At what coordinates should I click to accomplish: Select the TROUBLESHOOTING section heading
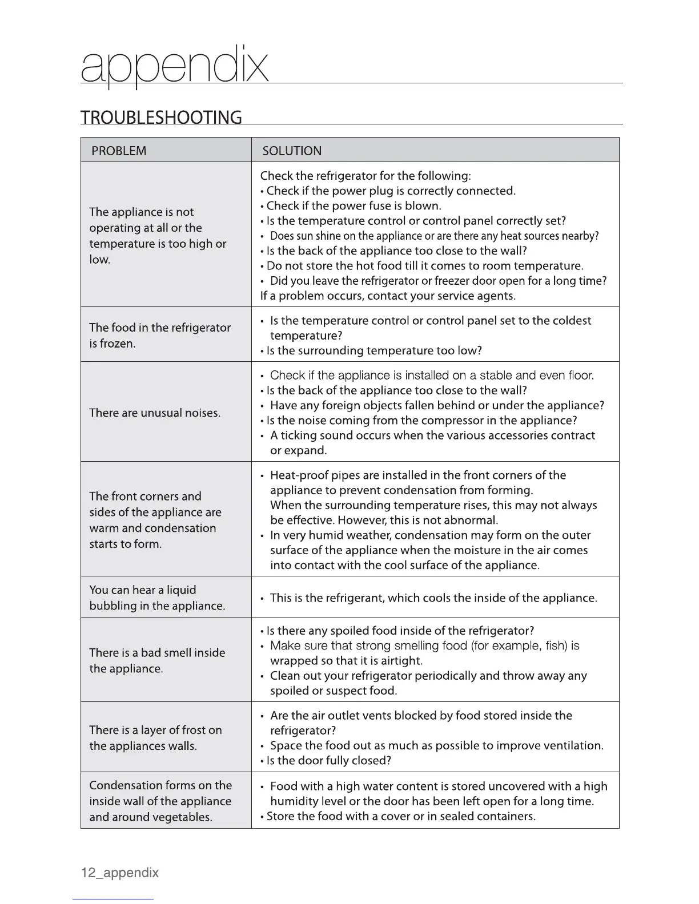click(161, 117)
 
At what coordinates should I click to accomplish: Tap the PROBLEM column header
click(119, 151)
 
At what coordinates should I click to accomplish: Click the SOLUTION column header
click(291, 151)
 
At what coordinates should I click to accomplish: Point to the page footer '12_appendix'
click(120, 873)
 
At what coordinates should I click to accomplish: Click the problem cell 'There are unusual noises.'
click(155, 413)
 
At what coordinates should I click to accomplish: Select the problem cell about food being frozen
click(160, 335)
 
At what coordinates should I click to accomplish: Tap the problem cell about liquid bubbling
click(157, 598)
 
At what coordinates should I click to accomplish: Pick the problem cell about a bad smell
click(157, 660)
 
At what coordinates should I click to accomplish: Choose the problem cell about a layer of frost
click(155, 737)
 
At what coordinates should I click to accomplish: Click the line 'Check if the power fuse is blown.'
click(353, 205)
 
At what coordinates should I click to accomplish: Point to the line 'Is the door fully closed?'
click(328, 760)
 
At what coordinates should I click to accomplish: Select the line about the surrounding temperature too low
click(374, 350)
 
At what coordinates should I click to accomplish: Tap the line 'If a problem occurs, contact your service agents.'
click(388, 296)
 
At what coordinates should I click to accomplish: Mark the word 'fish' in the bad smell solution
click(557, 645)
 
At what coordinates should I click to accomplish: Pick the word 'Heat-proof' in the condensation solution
click(298, 475)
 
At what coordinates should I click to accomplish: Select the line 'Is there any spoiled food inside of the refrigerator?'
click(400, 630)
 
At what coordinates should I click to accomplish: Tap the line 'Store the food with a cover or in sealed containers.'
click(401, 816)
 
